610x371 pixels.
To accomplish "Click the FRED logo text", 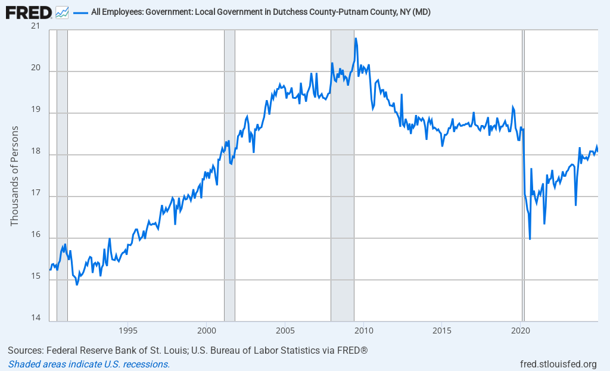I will [29, 11].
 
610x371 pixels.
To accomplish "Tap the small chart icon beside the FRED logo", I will [62, 12].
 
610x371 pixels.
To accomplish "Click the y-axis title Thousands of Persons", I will [15, 176].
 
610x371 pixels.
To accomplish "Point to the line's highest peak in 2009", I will [356, 39].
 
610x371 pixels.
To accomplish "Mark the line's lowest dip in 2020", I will [530, 239].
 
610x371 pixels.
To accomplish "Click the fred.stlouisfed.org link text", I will [558, 364].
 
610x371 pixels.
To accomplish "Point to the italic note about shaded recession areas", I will [89, 364].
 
